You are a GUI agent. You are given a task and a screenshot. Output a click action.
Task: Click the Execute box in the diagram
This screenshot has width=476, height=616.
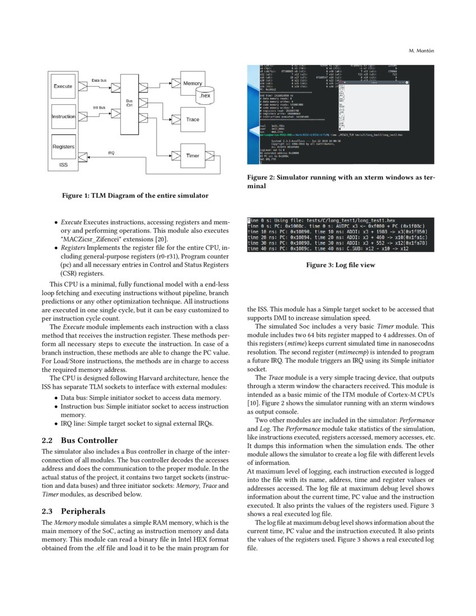[63, 86]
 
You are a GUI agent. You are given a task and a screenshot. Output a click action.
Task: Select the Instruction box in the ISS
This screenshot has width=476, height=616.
[63, 116]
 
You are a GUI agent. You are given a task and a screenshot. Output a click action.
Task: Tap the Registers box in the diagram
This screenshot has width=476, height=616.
[63, 147]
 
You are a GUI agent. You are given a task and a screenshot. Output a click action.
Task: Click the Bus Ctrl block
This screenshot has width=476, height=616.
[129, 104]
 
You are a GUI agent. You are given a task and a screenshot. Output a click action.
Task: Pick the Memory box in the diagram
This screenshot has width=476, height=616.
[193, 83]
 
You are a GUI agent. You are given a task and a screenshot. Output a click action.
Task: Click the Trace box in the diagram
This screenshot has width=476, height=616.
[192, 119]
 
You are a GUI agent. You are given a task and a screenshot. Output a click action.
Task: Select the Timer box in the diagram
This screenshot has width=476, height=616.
[192, 155]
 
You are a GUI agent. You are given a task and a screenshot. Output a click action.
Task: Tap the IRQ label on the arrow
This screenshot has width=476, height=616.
[112, 152]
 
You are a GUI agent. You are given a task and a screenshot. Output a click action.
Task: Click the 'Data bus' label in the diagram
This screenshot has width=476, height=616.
[99, 81]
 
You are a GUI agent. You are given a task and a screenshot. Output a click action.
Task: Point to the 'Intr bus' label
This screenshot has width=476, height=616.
[99, 106]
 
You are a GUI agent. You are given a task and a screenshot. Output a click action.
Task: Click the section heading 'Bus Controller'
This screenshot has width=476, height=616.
[89, 440]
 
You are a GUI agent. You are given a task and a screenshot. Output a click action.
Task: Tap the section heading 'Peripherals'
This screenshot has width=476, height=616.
[84, 511]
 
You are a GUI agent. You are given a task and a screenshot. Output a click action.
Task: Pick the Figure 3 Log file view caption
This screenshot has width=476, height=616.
[340, 265]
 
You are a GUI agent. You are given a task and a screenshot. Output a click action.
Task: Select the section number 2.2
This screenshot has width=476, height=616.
[48, 440]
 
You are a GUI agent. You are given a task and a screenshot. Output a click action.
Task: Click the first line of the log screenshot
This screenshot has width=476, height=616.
[325, 221]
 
